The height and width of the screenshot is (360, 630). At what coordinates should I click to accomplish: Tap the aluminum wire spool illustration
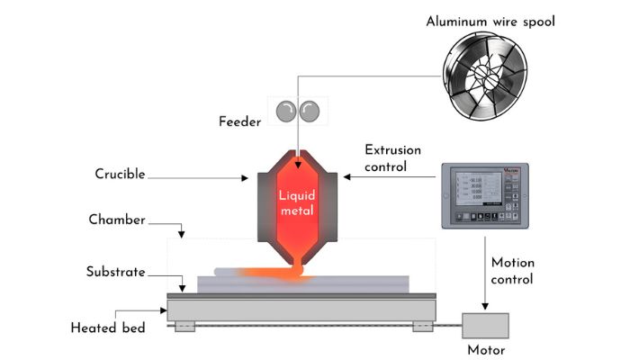click(x=490, y=76)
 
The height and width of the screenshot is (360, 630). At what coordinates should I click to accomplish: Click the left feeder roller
click(x=285, y=111)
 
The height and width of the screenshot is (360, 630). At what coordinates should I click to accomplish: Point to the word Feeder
click(x=240, y=120)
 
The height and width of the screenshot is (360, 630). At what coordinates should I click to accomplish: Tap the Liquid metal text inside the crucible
click(x=298, y=202)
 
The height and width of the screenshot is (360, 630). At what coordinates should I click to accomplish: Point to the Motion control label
click(x=512, y=271)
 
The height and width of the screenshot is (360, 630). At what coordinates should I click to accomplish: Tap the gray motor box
click(x=485, y=325)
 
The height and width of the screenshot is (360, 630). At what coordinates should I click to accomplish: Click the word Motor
click(x=486, y=350)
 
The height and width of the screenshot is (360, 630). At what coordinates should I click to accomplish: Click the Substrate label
click(x=116, y=271)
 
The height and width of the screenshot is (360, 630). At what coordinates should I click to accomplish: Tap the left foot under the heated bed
click(x=185, y=325)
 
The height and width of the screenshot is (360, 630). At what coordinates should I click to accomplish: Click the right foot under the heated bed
click(x=422, y=325)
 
